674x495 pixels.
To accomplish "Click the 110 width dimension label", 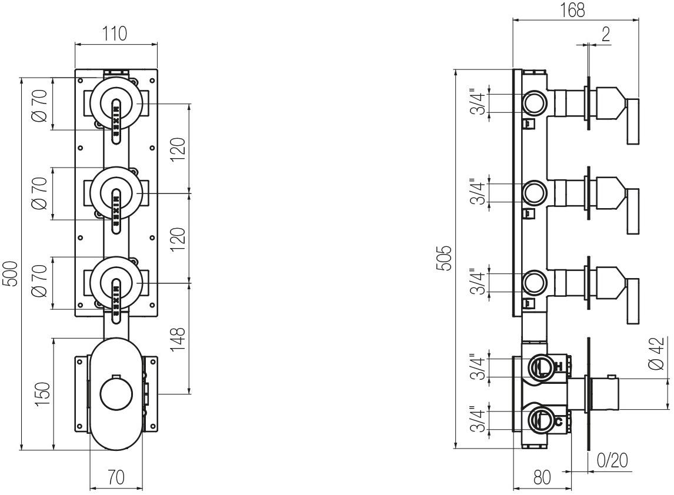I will click(116, 34).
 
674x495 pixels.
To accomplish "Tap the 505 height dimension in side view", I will click(446, 259).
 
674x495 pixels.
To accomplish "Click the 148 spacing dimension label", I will click(179, 339).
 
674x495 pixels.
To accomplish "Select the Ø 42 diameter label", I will click(658, 353).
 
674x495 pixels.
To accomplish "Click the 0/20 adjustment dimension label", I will click(612, 460).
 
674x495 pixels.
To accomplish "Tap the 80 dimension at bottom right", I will click(542, 477).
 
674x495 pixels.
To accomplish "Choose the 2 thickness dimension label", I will click(605, 34).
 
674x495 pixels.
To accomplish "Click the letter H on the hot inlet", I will click(559, 367).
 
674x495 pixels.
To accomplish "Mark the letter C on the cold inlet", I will click(559, 420).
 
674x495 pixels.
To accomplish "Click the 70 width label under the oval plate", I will click(116, 477).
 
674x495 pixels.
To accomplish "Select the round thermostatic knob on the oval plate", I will click(116, 394).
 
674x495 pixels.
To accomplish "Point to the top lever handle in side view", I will click(632, 121).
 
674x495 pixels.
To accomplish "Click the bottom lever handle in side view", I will click(632, 301).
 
